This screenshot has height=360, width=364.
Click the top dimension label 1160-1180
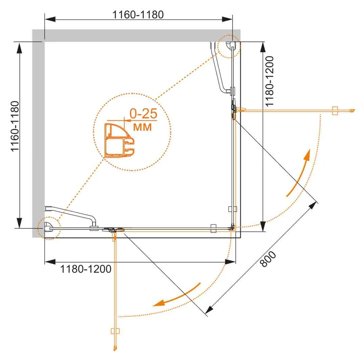click(138, 15)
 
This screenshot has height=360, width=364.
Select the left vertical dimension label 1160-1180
click(15, 126)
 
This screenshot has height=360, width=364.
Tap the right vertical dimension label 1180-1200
click(269, 81)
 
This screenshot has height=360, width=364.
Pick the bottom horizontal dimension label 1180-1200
click(86, 269)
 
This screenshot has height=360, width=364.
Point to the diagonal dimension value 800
click(268, 259)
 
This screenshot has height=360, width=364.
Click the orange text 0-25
click(143, 114)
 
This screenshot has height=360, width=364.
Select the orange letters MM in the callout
click(142, 127)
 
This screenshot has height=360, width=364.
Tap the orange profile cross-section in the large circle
click(119, 140)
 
